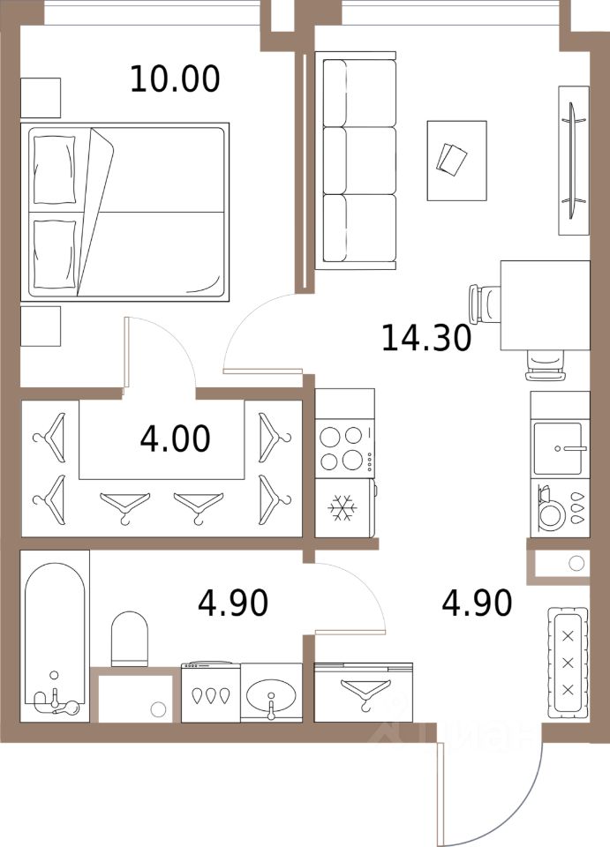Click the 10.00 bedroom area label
[174, 79]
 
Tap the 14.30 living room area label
[425, 337]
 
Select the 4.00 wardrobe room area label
[175, 438]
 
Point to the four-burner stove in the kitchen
[343, 447]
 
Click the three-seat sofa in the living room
[358, 161]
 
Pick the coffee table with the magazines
[456, 160]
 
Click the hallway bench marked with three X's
[568, 652]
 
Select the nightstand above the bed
[40, 98]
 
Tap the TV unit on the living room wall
[573, 160]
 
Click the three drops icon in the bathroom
[209, 694]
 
